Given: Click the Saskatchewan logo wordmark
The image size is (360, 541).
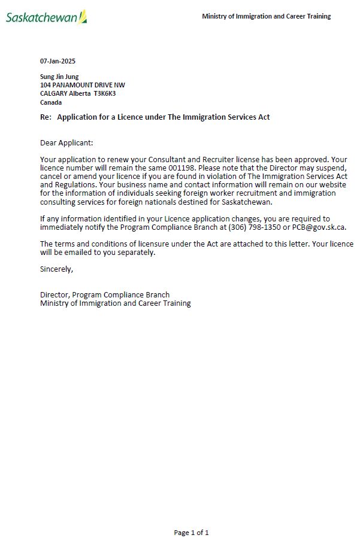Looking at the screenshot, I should tap(42, 17).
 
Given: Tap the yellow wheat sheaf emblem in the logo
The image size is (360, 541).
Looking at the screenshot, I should tap(83, 16).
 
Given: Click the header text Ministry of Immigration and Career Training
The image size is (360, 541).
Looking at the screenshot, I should tap(266, 16).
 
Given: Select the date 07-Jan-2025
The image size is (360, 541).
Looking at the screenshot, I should tap(58, 61).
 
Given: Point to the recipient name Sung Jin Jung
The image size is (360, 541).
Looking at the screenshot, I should tap(59, 77).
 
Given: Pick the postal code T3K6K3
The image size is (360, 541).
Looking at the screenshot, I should tap(104, 93).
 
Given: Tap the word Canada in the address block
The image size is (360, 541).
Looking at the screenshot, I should tap(51, 102).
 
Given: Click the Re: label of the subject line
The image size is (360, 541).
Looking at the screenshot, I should tap(46, 117).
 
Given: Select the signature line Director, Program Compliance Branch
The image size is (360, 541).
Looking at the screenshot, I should tap(104, 294).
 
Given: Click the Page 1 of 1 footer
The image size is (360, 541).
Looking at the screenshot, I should tap(191, 532).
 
